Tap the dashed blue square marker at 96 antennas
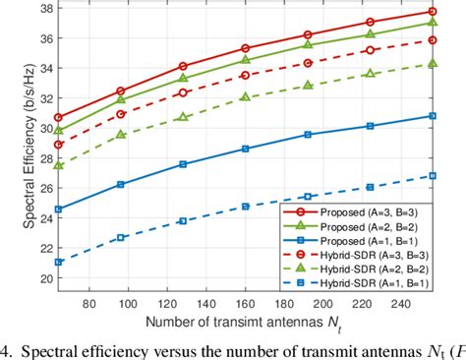pyautogui.click(x=121, y=237)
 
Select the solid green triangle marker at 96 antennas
pyautogui.click(x=121, y=99)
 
